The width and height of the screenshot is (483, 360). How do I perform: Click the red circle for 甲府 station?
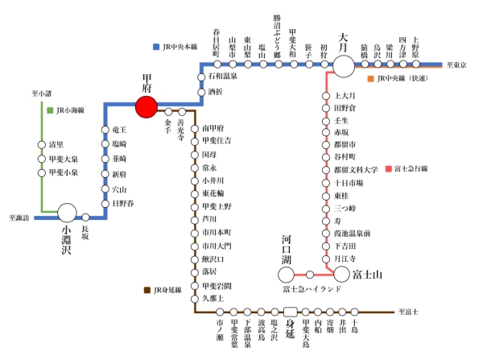tap(147, 106)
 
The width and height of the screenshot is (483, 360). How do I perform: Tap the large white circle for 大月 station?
tap(344, 64)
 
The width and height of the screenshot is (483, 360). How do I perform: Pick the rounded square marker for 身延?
tap(291, 311)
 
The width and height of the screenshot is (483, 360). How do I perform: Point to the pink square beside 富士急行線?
tap(388, 168)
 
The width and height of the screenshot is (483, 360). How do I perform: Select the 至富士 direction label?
tap(409, 312)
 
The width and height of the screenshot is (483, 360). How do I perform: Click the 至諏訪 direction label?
tap(19, 217)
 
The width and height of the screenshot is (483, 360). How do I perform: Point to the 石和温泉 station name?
tap(222, 76)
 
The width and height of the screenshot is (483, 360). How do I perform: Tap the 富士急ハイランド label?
tap(310, 288)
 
